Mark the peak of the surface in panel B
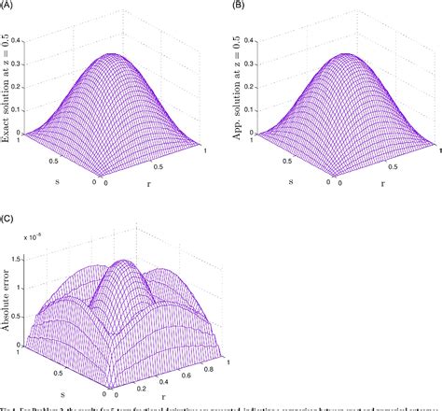coord(338,54)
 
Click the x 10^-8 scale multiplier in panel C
coord(39,230)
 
